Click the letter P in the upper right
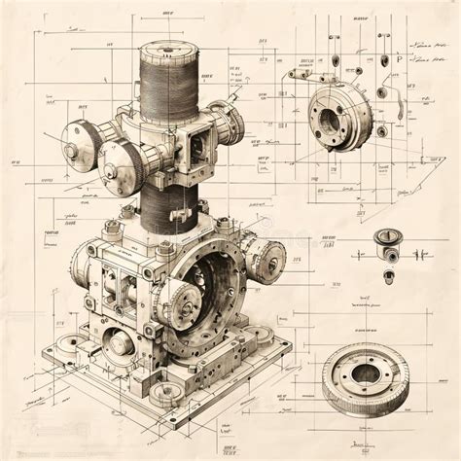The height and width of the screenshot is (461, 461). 398,59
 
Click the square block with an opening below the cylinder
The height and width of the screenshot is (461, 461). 194,144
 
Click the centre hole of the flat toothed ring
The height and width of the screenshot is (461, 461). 366,372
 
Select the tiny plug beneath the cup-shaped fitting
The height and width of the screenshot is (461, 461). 388,275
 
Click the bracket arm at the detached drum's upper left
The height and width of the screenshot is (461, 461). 303,73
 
